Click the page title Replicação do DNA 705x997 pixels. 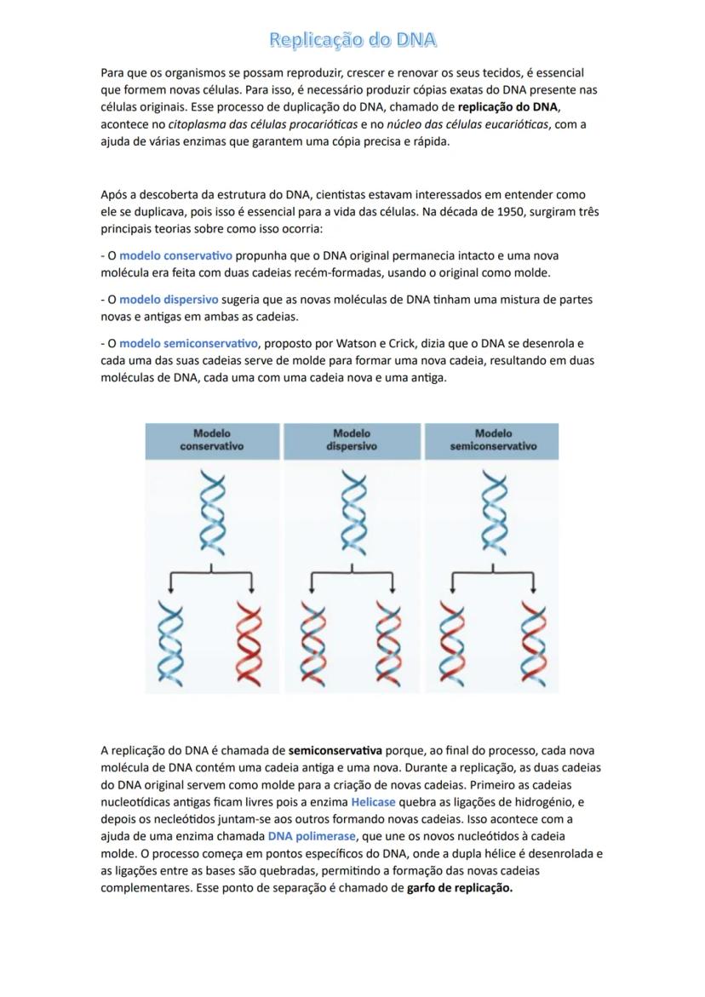coord(352,40)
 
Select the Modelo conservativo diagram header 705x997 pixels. coord(211,439)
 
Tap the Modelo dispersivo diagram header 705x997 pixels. coord(352,439)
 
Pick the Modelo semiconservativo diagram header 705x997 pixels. coord(493,439)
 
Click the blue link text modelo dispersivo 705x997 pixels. coord(169,300)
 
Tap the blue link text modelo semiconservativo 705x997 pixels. coord(188,344)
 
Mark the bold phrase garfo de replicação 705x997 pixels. coord(460,888)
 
